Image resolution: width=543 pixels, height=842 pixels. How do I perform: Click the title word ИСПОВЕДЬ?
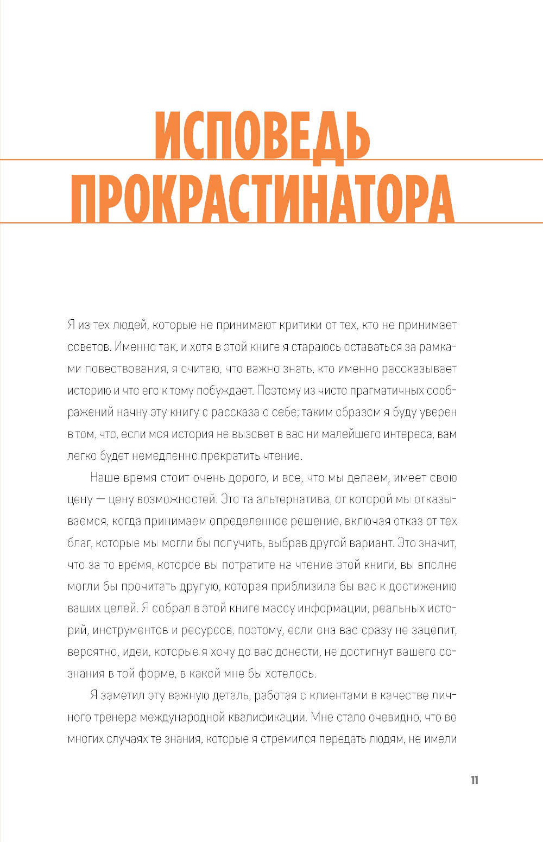point(262,136)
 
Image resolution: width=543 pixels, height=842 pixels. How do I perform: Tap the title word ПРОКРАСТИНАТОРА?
point(262,198)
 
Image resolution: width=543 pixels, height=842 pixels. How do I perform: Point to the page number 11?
point(475,780)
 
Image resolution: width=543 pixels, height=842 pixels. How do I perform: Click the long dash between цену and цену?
point(100,499)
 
